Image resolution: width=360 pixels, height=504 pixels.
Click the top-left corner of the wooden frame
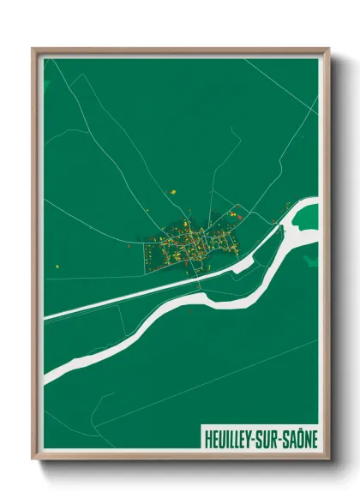pyautogui.click(x=33, y=49)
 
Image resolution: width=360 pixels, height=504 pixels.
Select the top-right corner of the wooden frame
pyautogui.click(x=328, y=49)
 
